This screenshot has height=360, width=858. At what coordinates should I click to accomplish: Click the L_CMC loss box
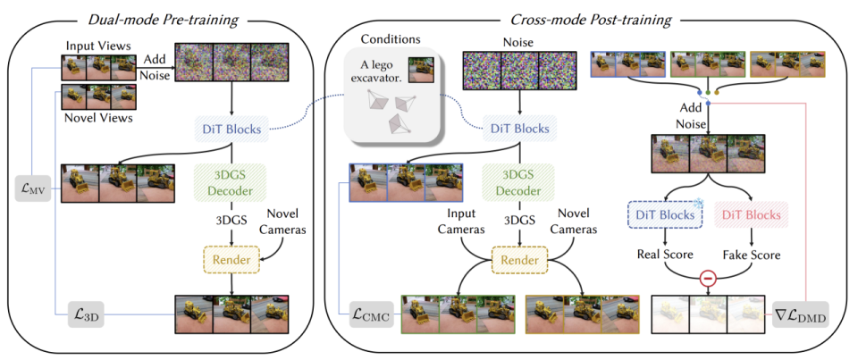click(367, 314)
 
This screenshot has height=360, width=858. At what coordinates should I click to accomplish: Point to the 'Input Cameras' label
click(462, 222)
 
